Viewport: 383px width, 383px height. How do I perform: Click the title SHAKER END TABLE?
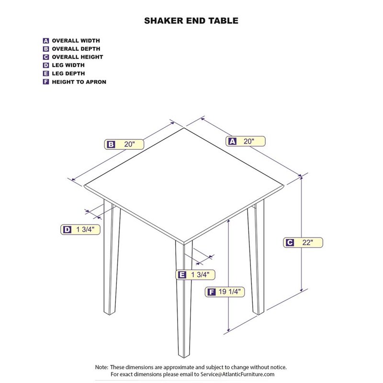[x=191, y=21]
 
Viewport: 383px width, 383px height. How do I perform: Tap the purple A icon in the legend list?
[x=46, y=41]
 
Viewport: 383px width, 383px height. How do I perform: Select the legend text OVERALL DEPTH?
[x=76, y=49]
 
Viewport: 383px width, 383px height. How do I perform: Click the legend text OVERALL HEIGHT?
[x=77, y=57]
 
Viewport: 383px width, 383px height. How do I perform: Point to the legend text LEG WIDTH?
[x=68, y=65]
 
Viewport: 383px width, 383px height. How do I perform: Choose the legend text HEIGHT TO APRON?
[x=79, y=82]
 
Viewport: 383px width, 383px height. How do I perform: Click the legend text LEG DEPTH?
[x=68, y=74]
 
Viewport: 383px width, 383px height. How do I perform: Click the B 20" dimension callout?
[x=124, y=144]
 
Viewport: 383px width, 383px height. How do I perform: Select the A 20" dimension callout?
[x=246, y=141]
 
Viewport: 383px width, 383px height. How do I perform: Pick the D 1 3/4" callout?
[x=80, y=230]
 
